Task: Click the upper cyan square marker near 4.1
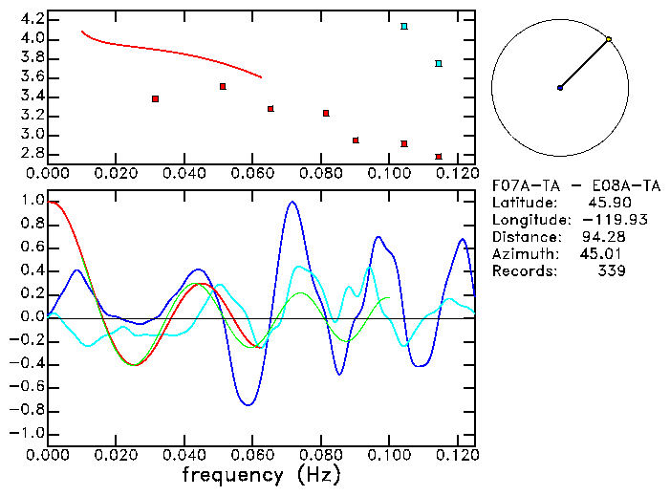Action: tap(404, 26)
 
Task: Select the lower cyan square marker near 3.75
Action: tap(439, 63)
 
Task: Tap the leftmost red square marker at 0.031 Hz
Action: tap(155, 98)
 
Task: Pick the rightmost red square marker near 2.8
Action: tap(439, 156)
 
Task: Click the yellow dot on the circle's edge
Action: tap(609, 39)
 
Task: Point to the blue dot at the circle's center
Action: tap(560, 88)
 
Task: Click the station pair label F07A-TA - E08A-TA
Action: tap(559, 185)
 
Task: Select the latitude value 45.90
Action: tap(605, 203)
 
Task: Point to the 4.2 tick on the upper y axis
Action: tap(32, 19)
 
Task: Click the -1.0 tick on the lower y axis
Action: tap(28, 433)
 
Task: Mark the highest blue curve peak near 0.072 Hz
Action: tap(292, 202)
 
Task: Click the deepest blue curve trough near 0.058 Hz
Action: tap(249, 404)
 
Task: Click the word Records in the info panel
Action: tap(522, 271)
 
